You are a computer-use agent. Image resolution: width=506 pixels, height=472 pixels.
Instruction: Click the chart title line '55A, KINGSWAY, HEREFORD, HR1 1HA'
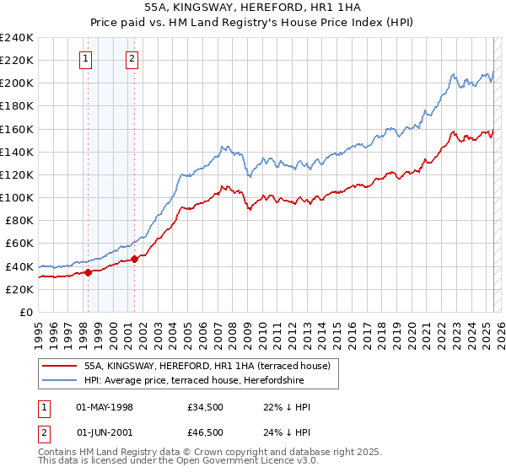tap(253, 9)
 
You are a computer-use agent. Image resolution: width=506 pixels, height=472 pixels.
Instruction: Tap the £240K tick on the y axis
tap(17, 38)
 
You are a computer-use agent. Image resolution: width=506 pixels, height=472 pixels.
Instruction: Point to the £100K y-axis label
tap(17, 197)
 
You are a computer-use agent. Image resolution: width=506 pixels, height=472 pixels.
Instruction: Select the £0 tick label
tap(26, 312)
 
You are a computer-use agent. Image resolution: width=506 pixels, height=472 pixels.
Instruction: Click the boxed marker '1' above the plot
tap(87, 59)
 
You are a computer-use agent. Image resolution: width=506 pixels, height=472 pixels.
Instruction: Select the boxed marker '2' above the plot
tap(133, 59)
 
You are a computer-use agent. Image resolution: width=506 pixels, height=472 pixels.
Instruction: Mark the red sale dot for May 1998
tap(88, 272)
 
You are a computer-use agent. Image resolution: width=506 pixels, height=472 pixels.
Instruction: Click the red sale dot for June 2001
tap(134, 259)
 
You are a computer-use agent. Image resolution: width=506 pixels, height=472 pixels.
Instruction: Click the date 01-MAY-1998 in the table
tap(105, 407)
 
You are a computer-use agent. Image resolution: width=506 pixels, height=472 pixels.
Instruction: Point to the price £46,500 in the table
tap(206, 431)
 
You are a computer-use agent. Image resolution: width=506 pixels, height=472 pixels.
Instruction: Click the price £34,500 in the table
tap(206, 407)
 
